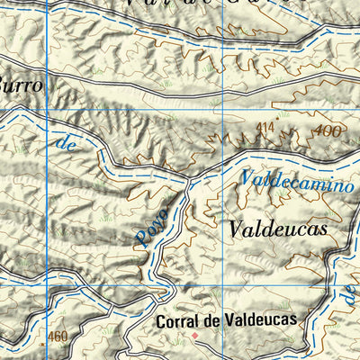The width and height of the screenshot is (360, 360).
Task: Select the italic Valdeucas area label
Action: coord(277,229)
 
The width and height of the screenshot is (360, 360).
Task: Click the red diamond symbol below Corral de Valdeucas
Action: coord(193,336)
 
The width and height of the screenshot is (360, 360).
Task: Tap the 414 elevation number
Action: coord(265,128)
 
